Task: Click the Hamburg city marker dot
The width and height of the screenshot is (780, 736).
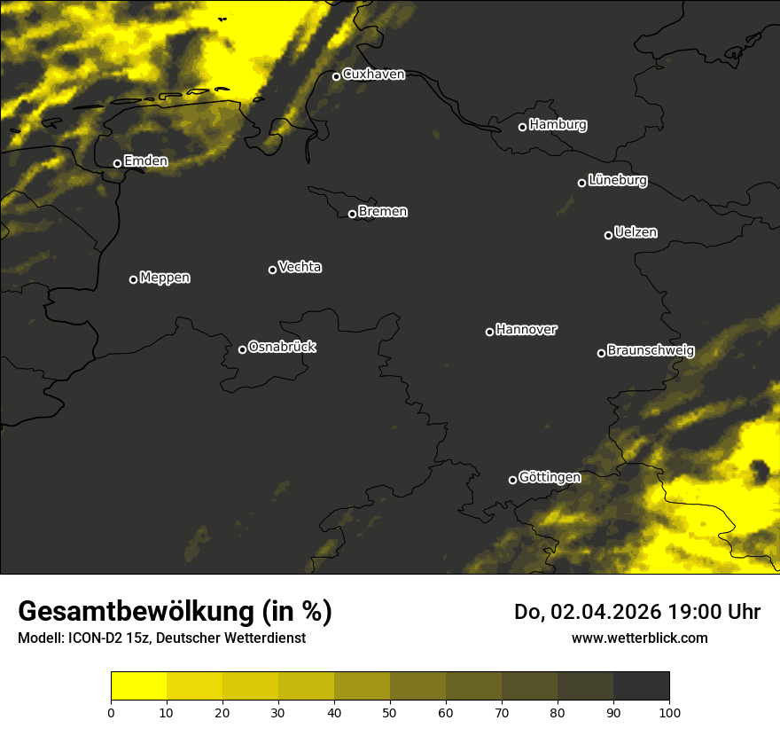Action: pyautogui.click(x=522, y=127)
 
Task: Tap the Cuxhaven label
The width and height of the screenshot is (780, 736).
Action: pyautogui.click(x=373, y=74)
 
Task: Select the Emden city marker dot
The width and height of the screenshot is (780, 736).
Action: pyautogui.click(x=117, y=163)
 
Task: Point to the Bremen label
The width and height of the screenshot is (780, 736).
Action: pyautogui.click(x=383, y=212)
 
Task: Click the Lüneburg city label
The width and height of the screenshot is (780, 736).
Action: pyautogui.click(x=617, y=181)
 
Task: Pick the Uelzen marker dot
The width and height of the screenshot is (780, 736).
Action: pyautogui.click(x=608, y=235)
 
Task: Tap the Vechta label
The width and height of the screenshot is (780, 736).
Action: pyautogui.click(x=300, y=267)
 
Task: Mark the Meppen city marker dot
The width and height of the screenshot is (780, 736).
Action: pyautogui.click(x=133, y=279)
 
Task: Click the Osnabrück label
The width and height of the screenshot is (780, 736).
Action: pyautogui.click(x=282, y=347)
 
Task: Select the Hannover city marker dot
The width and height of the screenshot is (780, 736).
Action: pyautogui.click(x=489, y=332)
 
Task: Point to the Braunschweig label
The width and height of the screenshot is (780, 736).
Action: pyautogui.click(x=651, y=350)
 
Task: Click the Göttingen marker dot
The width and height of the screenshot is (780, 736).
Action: pyautogui.click(x=512, y=480)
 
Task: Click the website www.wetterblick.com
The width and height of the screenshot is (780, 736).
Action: pyautogui.click(x=640, y=638)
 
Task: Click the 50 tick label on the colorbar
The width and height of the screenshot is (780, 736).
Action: pyautogui.click(x=390, y=712)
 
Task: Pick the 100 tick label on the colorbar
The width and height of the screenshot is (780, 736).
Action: pyautogui.click(x=669, y=712)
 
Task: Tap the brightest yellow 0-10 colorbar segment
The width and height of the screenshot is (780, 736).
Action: pyautogui.click(x=138, y=686)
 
